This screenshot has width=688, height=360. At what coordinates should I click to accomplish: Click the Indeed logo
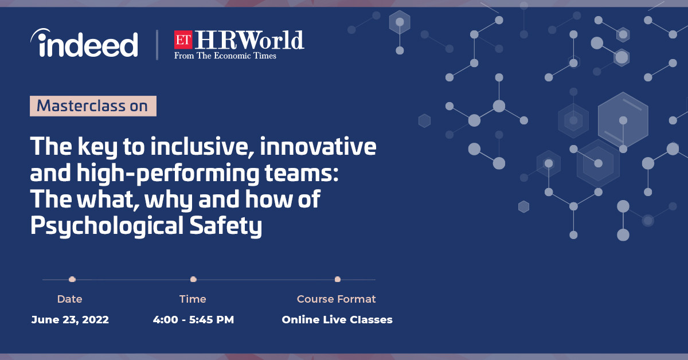point(84,43)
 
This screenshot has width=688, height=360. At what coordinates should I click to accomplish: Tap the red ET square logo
point(183,40)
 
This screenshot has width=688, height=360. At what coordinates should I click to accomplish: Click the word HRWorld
point(249,40)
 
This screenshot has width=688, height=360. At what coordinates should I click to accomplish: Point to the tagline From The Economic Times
point(225,56)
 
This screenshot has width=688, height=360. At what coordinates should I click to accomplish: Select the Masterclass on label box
point(93,106)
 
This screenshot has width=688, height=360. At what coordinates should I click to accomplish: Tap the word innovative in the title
point(318,147)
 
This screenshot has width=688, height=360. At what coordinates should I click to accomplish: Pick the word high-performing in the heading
point(167,174)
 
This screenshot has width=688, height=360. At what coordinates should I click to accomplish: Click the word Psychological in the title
point(107,226)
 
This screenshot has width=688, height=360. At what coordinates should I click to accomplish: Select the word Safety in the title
point(226,226)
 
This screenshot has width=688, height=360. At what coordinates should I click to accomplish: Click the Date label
point(70,299)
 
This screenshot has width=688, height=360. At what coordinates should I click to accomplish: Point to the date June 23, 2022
point(70,320)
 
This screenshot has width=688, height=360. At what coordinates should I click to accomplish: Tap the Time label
point(193,299)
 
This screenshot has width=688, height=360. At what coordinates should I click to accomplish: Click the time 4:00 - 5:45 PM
point(194,320)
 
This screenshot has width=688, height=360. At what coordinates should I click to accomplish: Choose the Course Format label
point(337,299)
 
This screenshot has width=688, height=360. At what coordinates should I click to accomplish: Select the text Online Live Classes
point(337,320)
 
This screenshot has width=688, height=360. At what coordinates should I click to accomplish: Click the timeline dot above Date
point(72,279)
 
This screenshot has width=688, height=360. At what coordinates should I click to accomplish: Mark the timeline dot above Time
point(193,279)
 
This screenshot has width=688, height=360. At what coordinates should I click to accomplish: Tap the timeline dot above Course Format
point(338,279)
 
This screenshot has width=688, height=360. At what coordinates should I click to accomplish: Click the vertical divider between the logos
point(157,45)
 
